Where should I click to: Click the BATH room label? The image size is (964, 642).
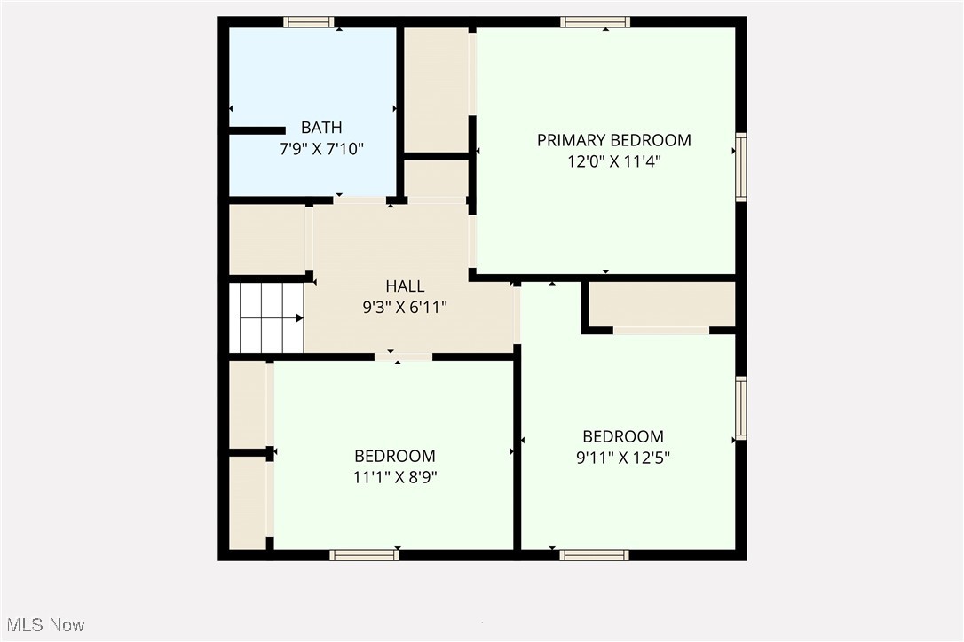[321, 128]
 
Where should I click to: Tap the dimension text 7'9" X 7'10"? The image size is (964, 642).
[321, 149]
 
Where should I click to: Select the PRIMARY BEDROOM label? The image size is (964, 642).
[613, 140]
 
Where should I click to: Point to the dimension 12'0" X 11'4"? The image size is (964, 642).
[613, 161]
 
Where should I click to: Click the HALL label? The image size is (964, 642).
[405, 286]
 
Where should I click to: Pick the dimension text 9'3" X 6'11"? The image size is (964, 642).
[405, 308]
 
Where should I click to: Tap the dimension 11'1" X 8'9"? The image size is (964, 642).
[395, 477]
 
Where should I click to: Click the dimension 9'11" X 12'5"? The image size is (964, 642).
[622, 458]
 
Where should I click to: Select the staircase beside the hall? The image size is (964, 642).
[266, 317]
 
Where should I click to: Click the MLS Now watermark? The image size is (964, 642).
[43, 625]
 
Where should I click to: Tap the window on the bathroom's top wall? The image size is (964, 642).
[309, 22]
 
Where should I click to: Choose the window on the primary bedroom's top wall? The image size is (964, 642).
[596, 22]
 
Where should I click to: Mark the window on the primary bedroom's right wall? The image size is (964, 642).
[740, 168]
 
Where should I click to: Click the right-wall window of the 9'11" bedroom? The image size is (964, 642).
[740, 408]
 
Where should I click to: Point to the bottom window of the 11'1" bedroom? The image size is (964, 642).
[364, 555]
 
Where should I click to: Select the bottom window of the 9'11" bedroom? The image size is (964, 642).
[595, 555]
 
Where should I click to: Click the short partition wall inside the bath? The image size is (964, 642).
[257, 131]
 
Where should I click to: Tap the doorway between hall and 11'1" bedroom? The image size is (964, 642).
[403, 356]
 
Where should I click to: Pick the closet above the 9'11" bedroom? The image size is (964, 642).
[662, 304]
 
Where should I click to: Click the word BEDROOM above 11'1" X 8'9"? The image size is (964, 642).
[395, 456]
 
